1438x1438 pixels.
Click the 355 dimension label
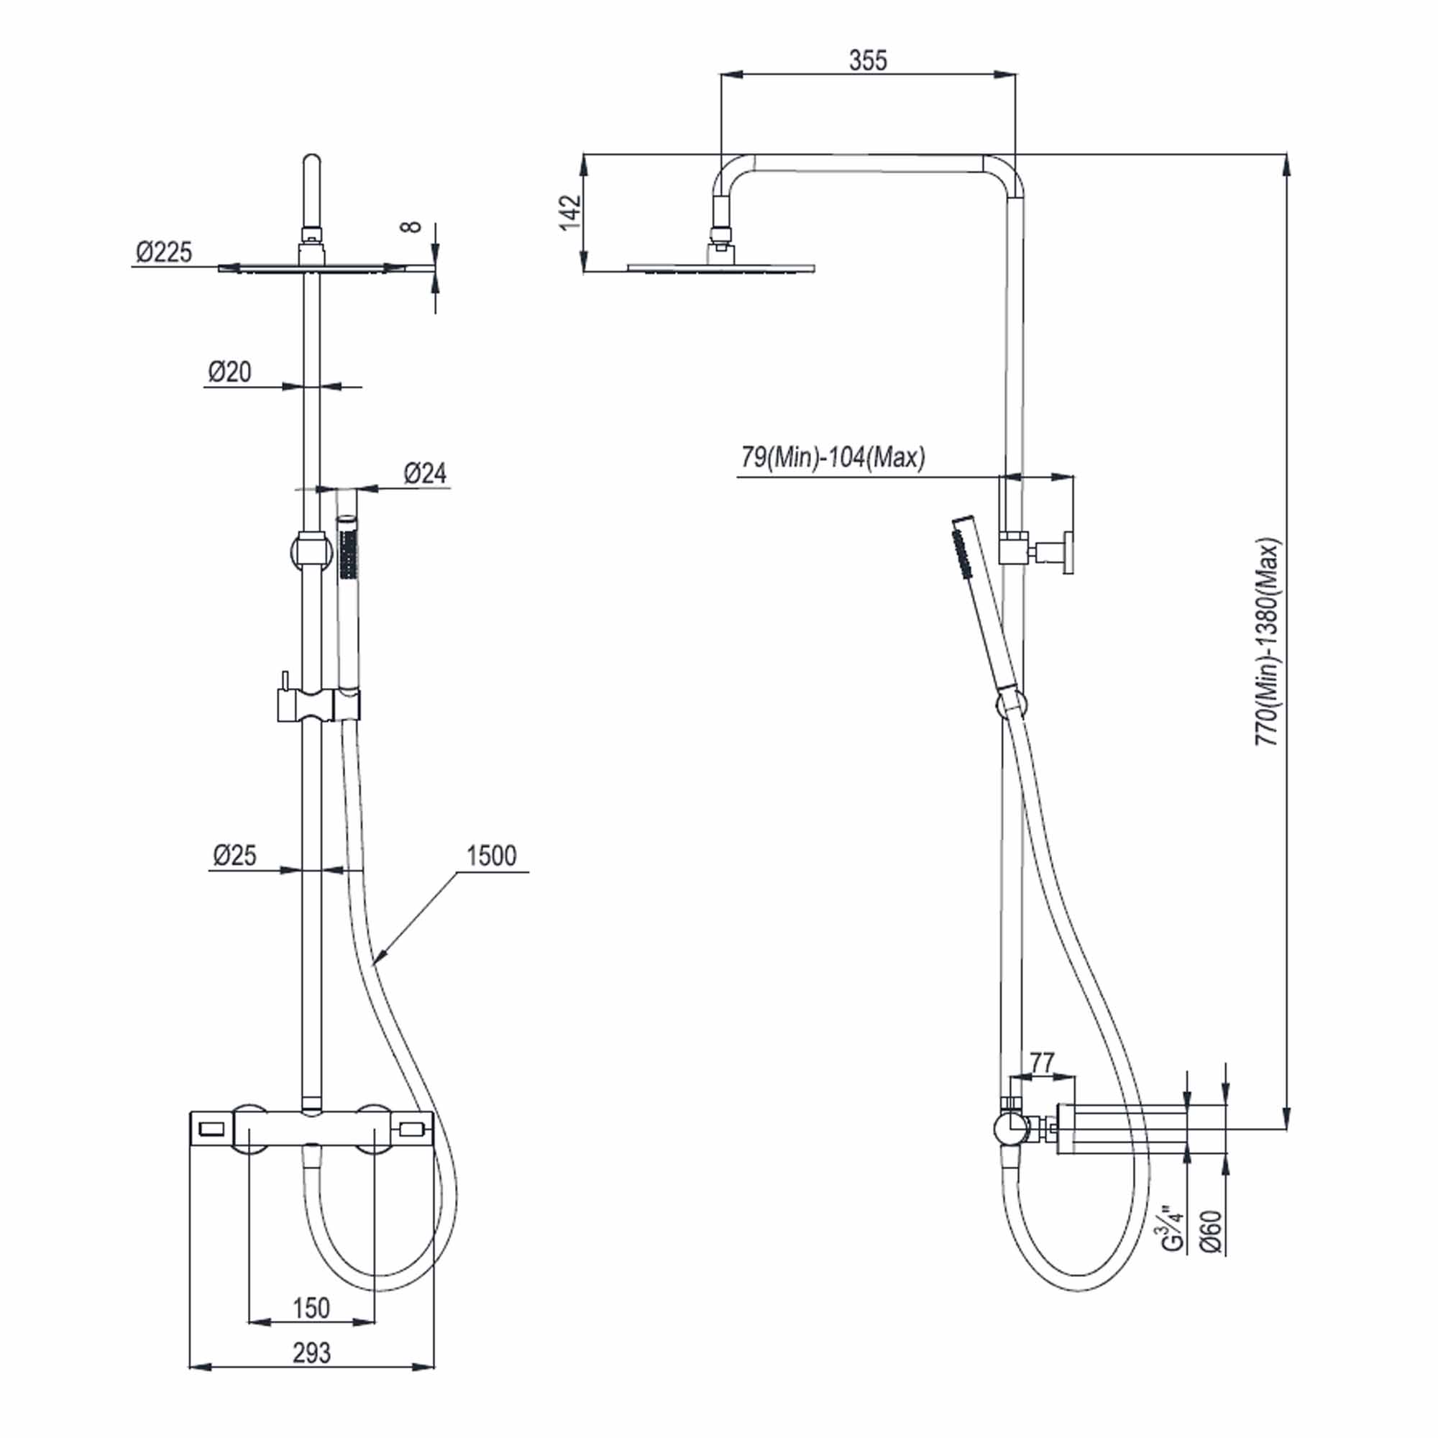[868, 60]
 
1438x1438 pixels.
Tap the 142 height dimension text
[569, 213]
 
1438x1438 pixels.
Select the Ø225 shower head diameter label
[164, 252]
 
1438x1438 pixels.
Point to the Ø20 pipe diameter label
[229, 372]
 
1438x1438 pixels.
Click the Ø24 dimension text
[425, 473]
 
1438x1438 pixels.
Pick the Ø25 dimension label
[234, 855]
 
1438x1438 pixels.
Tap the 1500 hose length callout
[491, 856]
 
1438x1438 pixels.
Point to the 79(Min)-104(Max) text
[833, 457]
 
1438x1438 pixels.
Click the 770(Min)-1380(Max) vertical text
[1267, 641]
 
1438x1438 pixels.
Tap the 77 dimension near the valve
[1042, 1062]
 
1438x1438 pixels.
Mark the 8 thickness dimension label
[411, 226]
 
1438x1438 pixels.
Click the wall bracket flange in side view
[1069, 552]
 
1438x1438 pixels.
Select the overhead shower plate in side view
[720, 268]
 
